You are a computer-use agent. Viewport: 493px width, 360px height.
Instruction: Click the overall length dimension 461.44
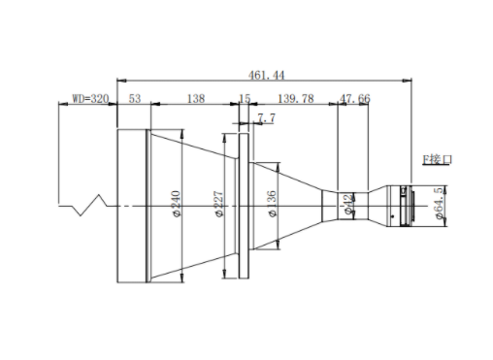point(266,76)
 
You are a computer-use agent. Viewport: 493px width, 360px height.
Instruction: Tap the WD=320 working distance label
point(90,98)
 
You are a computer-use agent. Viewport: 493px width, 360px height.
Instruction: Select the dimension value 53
point(135,98)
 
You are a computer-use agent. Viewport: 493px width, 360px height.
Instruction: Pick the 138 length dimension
point(196,98)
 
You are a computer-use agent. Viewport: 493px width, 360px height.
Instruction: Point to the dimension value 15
point(245,98)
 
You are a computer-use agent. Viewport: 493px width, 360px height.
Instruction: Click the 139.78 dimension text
point(296,98)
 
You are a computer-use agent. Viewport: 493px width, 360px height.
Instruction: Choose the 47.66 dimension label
point(354,98)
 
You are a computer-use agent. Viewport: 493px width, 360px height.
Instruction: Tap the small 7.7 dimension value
point(267,118)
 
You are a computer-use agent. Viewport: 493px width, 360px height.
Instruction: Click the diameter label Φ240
point(177,204)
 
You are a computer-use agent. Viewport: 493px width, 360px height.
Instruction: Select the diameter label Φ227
point(219,204)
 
